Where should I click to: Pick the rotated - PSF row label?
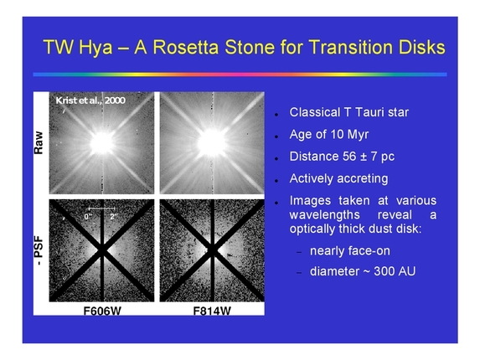(39, 251)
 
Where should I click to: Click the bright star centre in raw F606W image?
(101, 142)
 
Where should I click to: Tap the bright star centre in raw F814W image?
(210, 142)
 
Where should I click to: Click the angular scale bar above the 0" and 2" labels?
(101, 208)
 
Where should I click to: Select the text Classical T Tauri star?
(348, 112)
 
